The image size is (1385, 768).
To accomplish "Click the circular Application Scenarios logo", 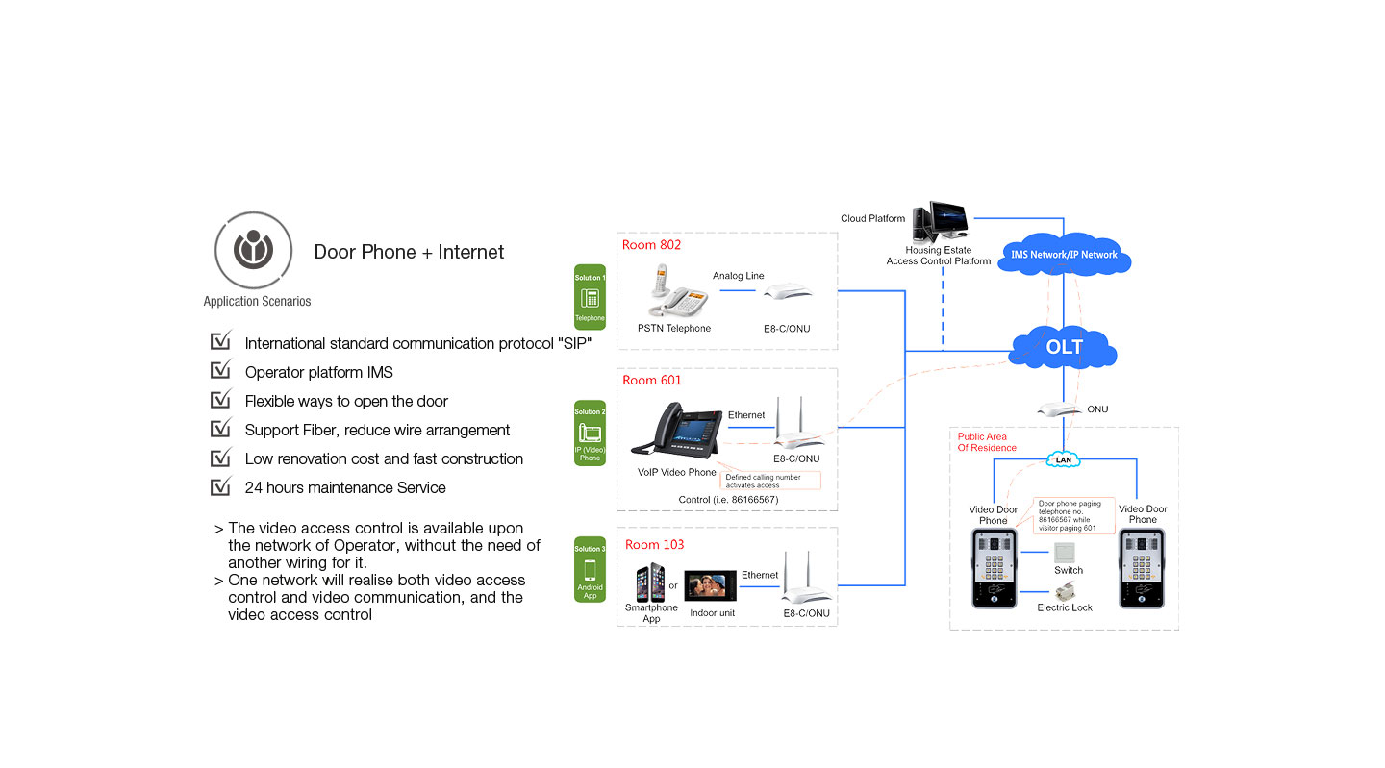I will [254, 251].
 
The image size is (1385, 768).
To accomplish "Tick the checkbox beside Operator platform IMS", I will [221, 370].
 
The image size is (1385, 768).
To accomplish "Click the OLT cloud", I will [1064, 347].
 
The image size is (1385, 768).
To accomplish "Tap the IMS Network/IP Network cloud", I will [1064, 255].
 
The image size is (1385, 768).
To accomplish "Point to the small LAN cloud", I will [1063, 459].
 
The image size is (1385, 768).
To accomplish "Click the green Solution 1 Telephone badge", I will [590, 297].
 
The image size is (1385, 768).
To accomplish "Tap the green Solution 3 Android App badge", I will [590, 569].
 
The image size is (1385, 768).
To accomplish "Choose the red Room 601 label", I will [651, 381].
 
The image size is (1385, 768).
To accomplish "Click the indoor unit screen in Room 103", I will [710, 585].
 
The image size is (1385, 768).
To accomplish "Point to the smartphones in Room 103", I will [650, 583].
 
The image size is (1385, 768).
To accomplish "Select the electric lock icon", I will [1064, 592].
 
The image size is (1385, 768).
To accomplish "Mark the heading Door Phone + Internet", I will [409, 252].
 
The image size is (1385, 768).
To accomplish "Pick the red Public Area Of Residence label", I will [987, 442].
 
